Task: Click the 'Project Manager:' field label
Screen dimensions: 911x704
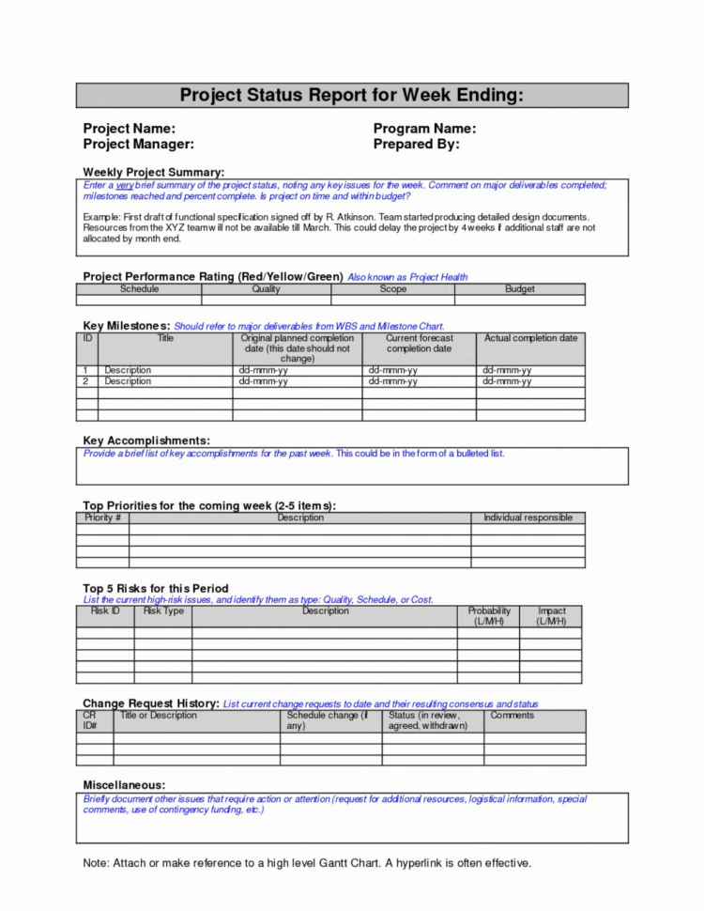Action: point(138,145)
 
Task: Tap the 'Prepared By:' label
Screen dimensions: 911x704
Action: point(416,145)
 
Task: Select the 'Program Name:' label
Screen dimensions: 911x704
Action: point(424,129)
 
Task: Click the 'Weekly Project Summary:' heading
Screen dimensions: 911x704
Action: point(153,173)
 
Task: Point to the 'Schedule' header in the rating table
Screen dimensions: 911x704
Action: point(139,289)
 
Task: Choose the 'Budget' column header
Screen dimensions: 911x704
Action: point(519,289)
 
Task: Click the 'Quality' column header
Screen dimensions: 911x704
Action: point(266,289)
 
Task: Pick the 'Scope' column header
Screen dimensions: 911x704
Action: point(392,289)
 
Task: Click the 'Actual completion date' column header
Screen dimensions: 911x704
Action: point(530,338)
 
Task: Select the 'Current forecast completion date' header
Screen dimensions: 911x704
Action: point(419,343)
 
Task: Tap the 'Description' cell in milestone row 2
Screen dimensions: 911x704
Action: point(127,382)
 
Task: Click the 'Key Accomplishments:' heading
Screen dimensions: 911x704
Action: point(145,440)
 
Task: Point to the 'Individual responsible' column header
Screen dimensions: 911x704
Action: point(528,517)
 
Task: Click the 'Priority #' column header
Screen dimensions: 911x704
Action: point(102,517)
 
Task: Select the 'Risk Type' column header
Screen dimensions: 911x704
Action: point(163,611)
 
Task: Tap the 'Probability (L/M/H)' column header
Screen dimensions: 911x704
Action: point(488,616)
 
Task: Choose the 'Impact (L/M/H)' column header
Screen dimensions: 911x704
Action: point(551,616)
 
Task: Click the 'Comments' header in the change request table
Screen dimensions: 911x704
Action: point(512,716)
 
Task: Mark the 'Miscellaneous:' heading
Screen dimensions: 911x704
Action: point(124,784)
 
